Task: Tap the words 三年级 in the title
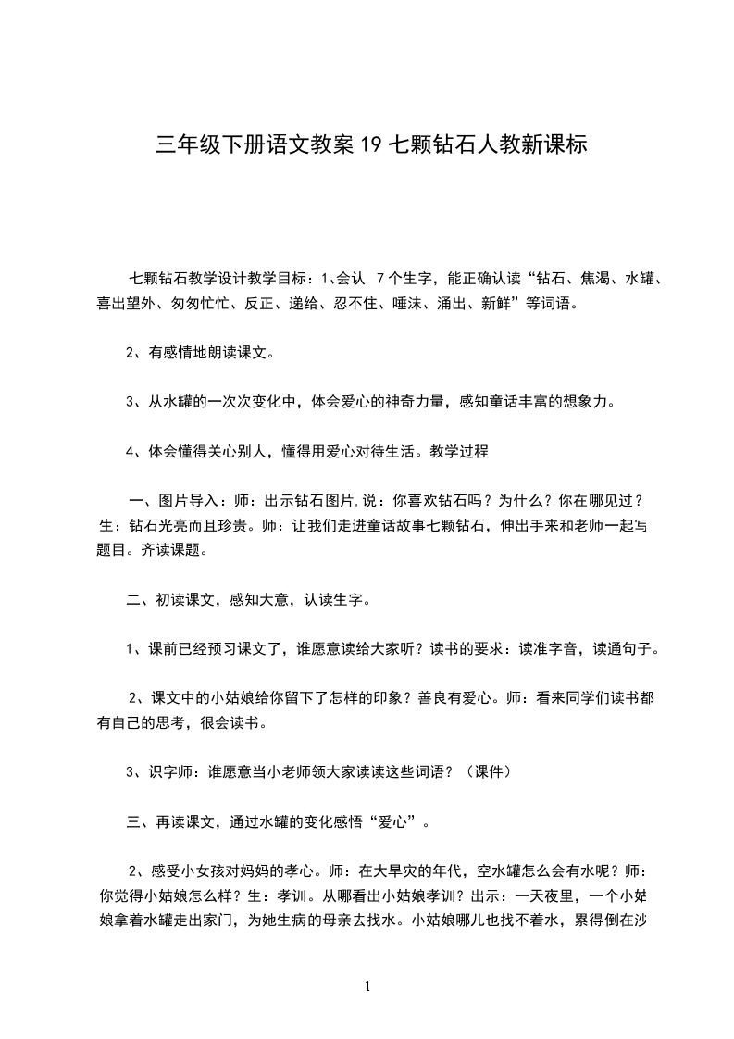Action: pyautogui.click(x=176, y=145)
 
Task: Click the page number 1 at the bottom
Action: pyautogui.click(x=367, y=986)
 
